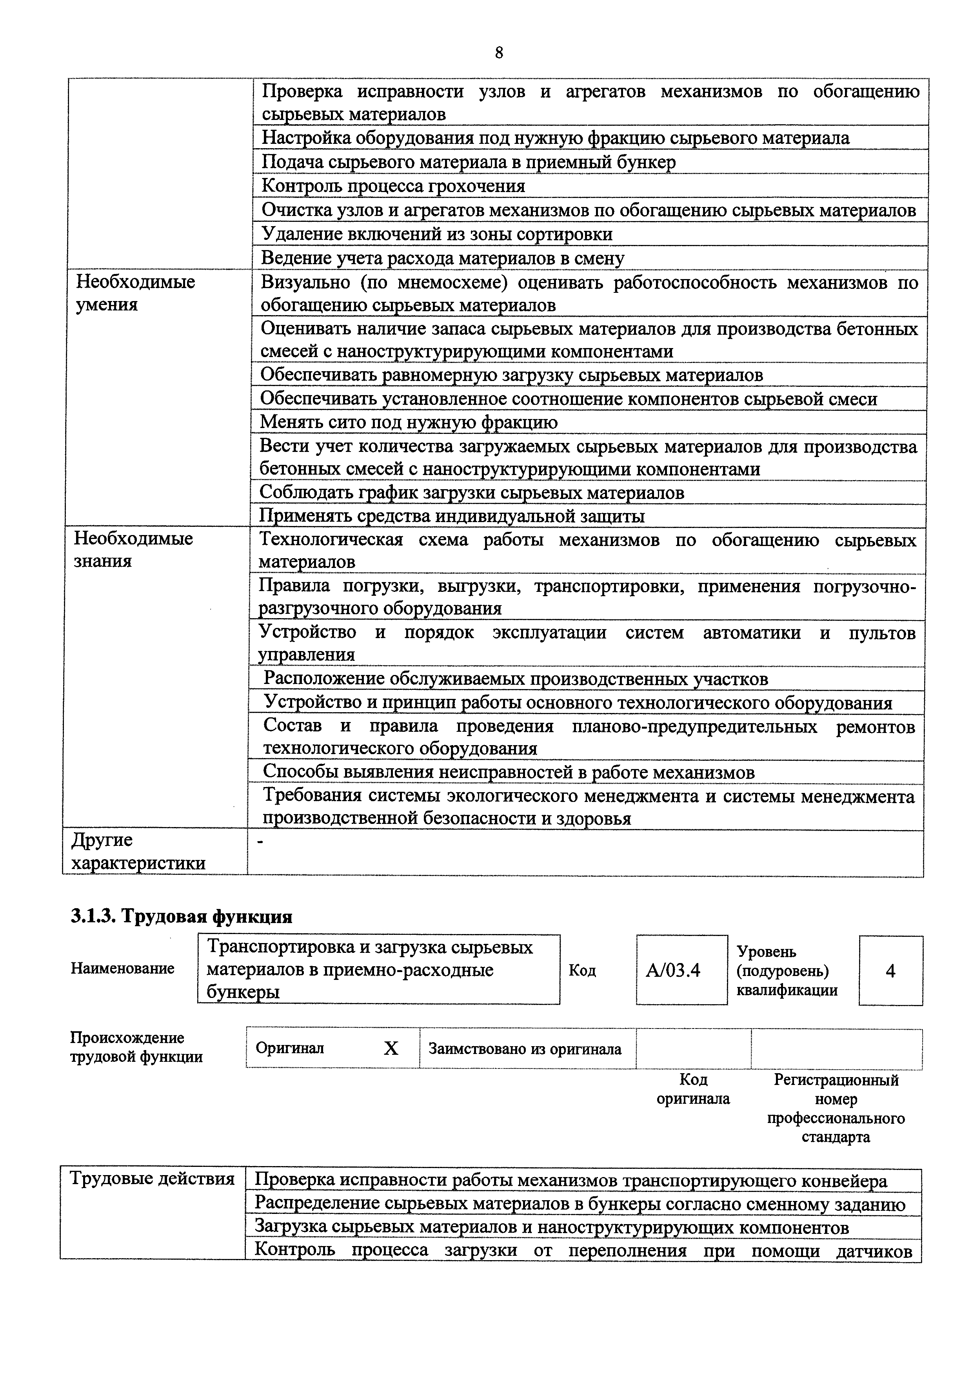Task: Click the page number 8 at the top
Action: tap(499, 53)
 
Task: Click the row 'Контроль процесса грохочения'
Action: tap(394, 186)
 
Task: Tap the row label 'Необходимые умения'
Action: tap(135, 293)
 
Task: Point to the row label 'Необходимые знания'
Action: tap(133, 549)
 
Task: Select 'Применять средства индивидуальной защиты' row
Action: tap(452, 516)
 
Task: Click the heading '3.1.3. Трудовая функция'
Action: tap(182, 916)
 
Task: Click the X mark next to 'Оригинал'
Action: tap(391, 1048)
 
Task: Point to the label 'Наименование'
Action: tap(122, 969)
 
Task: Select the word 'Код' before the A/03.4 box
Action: tap(582, 970)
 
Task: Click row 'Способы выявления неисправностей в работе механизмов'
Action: tap(509, 773)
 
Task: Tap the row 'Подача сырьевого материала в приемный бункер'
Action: tap(469, 162)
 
